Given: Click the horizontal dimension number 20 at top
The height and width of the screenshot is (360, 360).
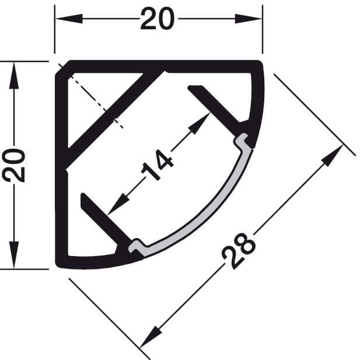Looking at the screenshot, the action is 158,19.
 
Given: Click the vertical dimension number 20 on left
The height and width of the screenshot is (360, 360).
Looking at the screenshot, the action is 13,165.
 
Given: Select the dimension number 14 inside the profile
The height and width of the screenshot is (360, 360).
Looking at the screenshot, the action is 158,165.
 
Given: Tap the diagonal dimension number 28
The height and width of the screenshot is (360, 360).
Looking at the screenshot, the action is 239,251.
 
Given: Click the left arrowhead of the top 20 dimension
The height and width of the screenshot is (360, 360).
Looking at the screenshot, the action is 69,19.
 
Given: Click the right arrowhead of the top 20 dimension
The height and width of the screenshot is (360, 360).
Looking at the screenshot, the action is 249,19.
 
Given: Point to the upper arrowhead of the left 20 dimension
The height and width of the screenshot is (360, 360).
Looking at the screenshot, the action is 14,75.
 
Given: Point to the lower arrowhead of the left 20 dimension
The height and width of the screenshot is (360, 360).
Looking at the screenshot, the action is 14,255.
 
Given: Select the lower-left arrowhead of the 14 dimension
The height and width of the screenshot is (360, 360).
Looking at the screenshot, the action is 118,204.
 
